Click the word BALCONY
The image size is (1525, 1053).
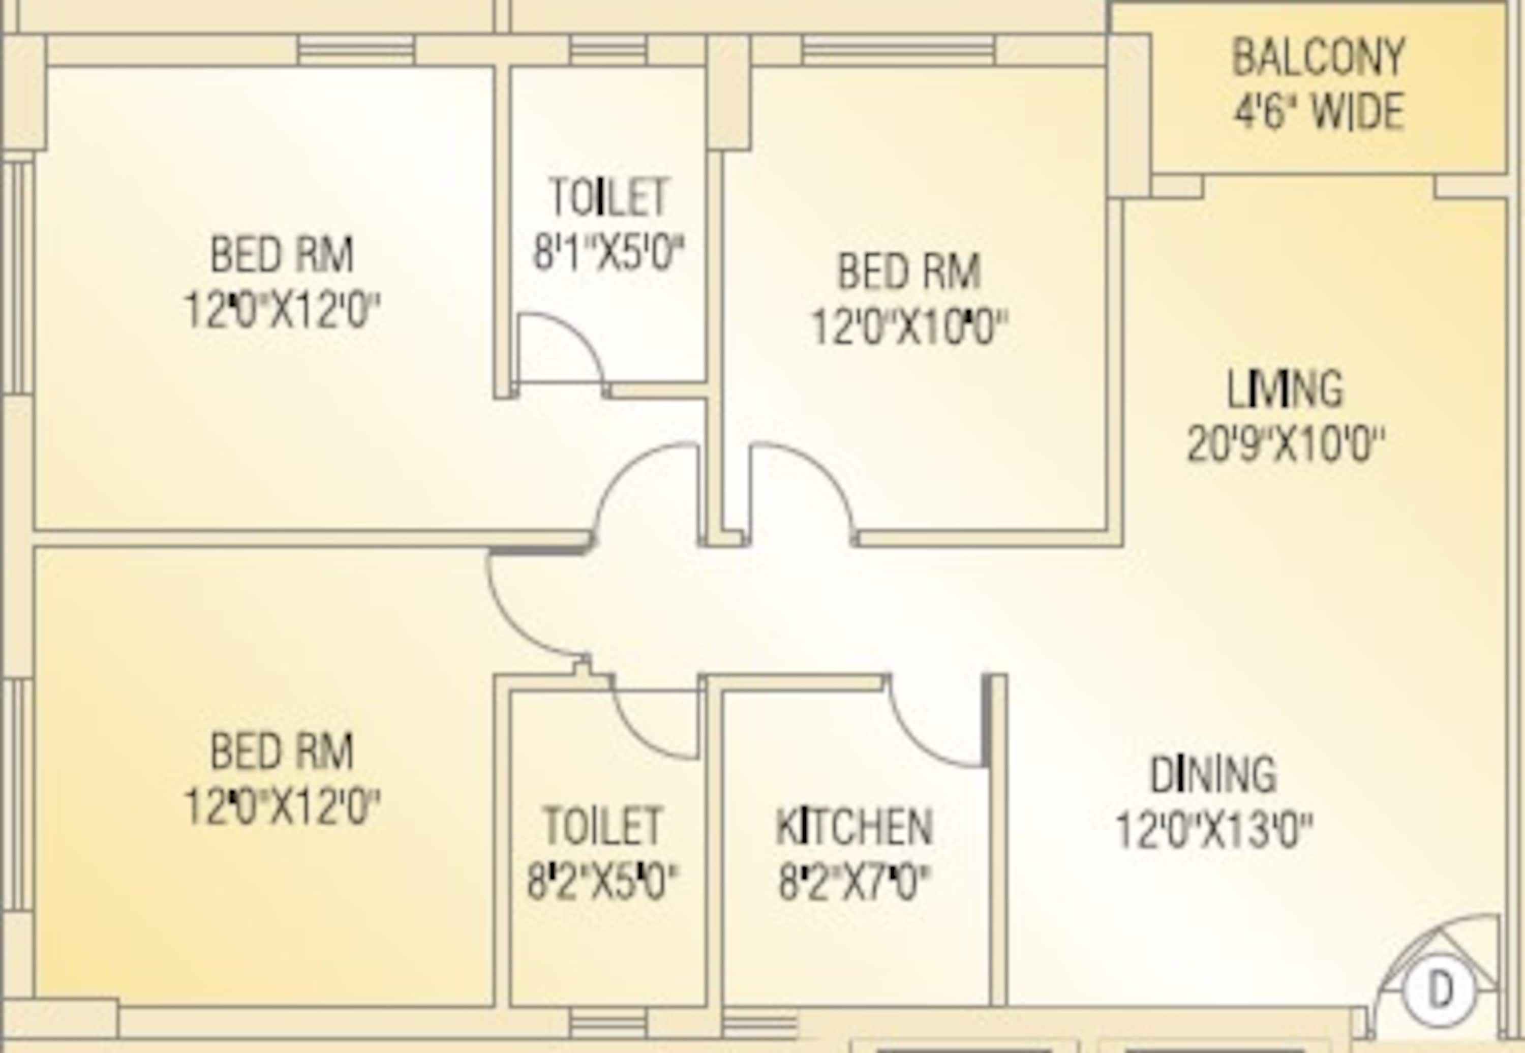pyautogui.click(x=1318, y=58)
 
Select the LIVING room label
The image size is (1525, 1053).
pyautogui.click(x=1284, y=389)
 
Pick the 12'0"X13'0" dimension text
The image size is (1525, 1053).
pyautogui.click(x=1213, y=830)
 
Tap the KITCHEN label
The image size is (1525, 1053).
pyautogui.click(x=854, y=827)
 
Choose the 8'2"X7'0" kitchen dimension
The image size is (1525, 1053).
pyautogui.click(x=854, y=883)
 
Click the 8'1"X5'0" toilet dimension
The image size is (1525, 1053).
pyautogui.click(x=608, y=252)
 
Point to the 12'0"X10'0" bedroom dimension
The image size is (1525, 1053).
pyautogui.click(x=909, y=328)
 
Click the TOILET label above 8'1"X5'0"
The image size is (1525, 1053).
pyautogui.click(x=608, y=197)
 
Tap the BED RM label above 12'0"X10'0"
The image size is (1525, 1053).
pyautogui.click(x=909, y=272)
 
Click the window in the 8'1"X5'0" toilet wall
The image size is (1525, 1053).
pyautogui.click(x=607, y=50)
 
